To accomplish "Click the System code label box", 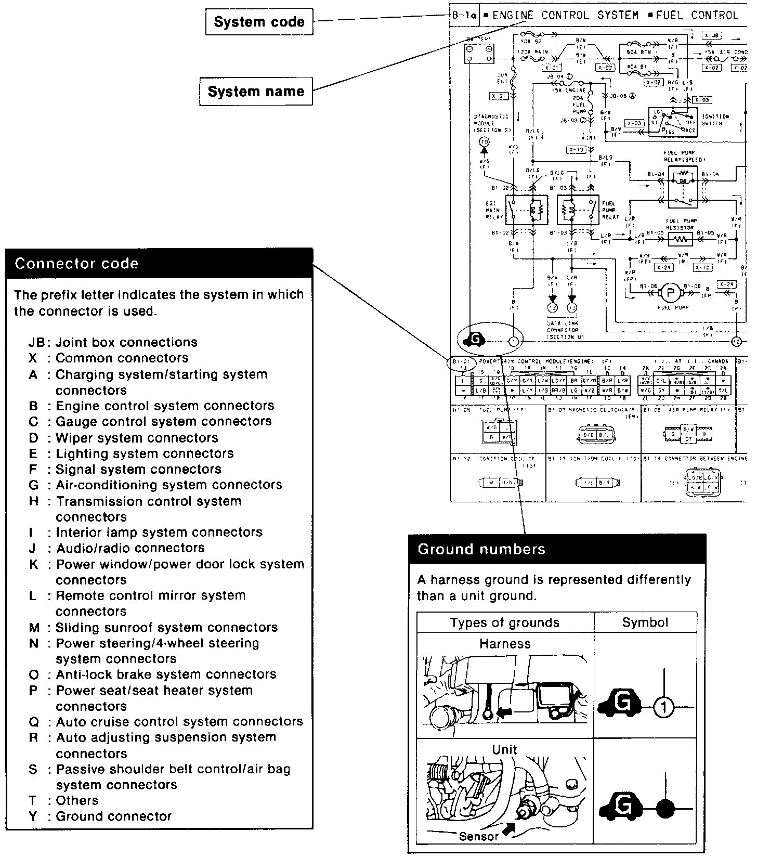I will tap(259, 22).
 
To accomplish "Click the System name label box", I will tap(256, 92).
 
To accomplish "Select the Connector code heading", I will tap(76, 264).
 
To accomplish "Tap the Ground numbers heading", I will tap(481, 549).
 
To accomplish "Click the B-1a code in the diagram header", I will tap(464, 15).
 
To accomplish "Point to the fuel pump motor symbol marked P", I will tap(670, 294).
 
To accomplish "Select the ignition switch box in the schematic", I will tap(673, 122).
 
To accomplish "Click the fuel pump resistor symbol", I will tap(680, 240).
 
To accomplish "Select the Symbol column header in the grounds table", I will tap(645, 622).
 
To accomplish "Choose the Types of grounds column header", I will tap(504, 622).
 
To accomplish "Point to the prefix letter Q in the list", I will tap(34, 722).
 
